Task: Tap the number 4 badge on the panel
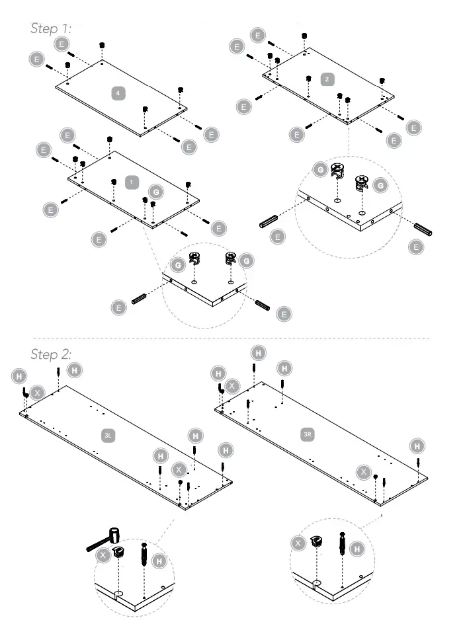click(118, 94)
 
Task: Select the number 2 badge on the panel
click(327, 79)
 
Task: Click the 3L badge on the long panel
click(109, 436)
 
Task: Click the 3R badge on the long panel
click(307, 434)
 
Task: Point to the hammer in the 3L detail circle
click(106, 539)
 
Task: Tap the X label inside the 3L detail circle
click(103, 557)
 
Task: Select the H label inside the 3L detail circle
click(159, 561)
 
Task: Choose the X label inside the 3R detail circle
click(299, 543)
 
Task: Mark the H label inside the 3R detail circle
click(357, 548)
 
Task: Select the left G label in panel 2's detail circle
click(320, 170)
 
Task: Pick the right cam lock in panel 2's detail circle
click(361, 182)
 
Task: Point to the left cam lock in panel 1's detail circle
click(195, 258)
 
